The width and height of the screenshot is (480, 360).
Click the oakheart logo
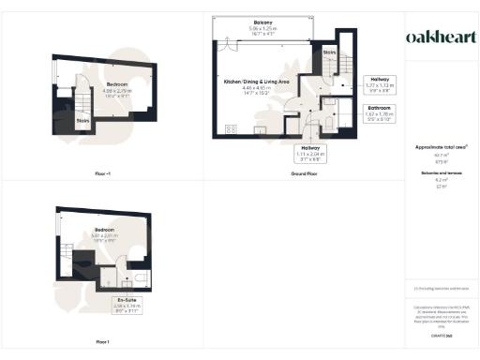[440, 37]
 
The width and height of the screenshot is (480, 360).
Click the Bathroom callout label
[380, 112]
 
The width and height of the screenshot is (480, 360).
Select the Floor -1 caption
[103, 174]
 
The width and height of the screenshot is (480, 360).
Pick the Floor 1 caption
[103, 341]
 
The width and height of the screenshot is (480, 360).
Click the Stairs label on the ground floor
[329, 52]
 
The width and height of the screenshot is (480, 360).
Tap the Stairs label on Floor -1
[82, 120]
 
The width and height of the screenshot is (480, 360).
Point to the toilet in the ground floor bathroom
[342, 121]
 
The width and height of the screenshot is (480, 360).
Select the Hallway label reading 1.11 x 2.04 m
[310, 152]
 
